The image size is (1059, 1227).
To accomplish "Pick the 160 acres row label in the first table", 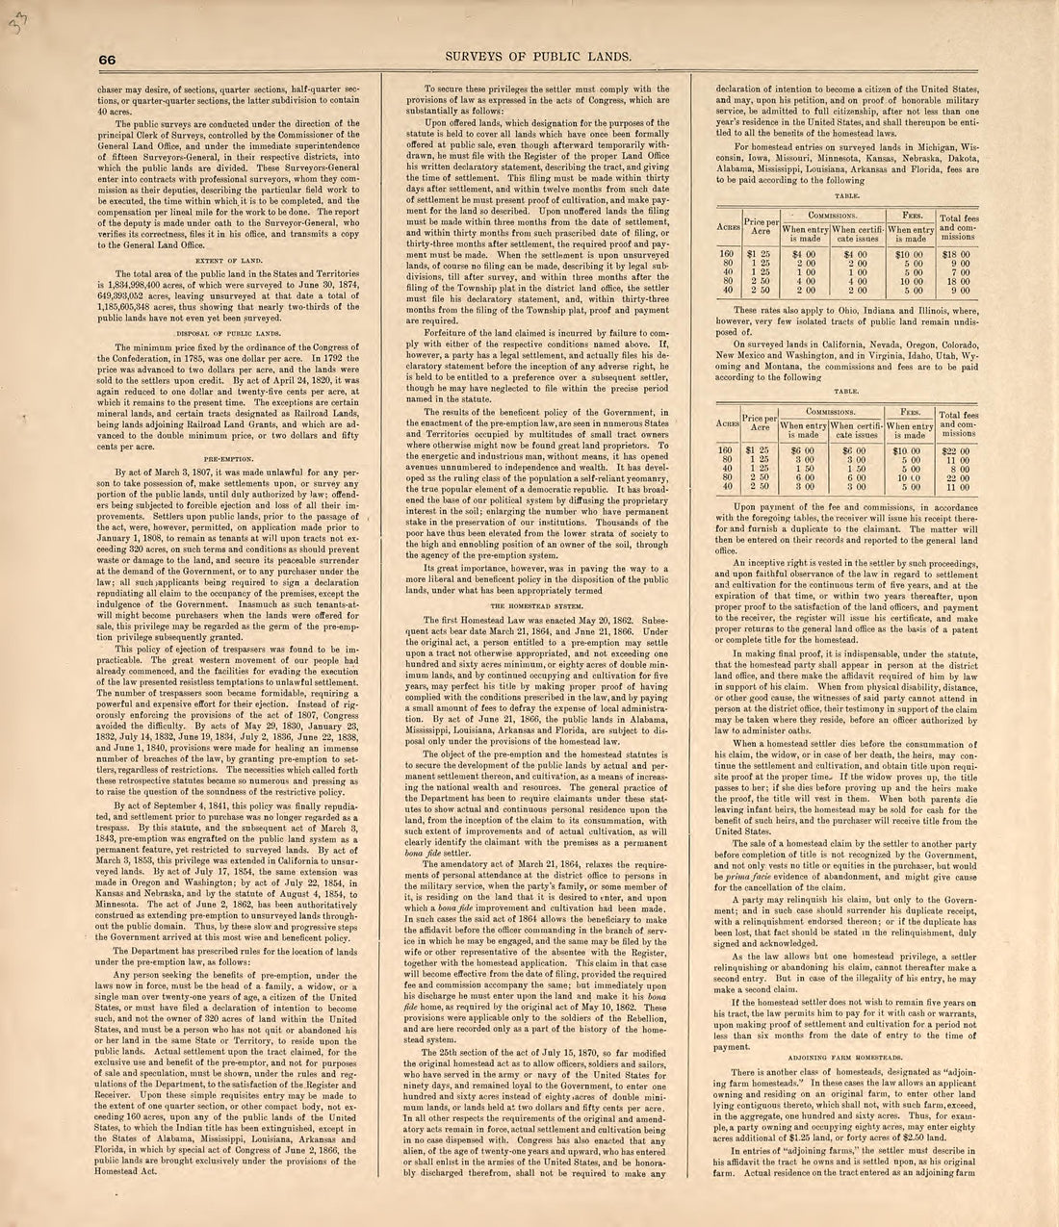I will coord(729,254).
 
